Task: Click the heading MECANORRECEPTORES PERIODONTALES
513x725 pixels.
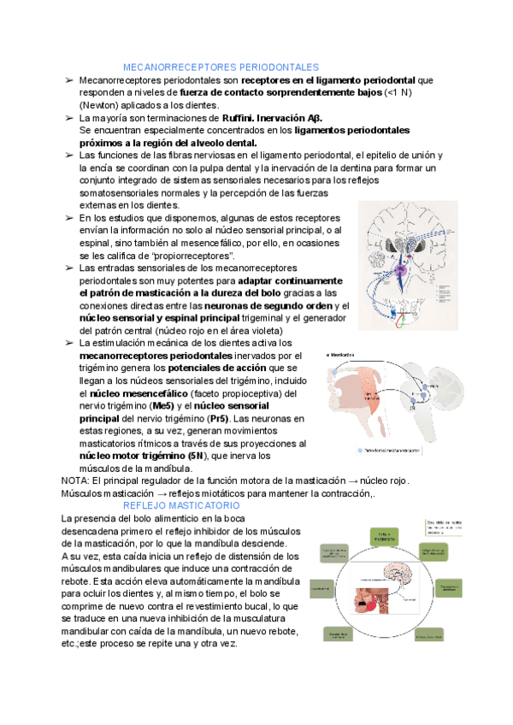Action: point(221,67)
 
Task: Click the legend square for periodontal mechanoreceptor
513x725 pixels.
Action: point(358,450)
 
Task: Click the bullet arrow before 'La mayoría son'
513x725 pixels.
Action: point(68,118)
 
